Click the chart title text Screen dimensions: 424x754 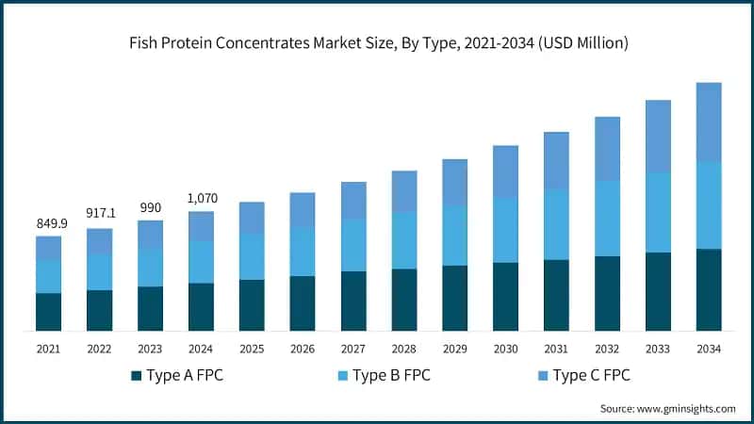click(x=377, y=43)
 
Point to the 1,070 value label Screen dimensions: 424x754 click(x=201, y=199)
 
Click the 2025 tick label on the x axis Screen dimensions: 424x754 click(x=252, y=349)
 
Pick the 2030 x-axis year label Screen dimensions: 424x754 click(x=506, y=349)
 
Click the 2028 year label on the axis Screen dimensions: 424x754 click(x=404, y=349)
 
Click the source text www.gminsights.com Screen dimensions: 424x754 click(x=667, y=408)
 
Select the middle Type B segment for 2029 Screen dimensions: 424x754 click(x=455, y=236)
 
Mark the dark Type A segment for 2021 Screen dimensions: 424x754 click(x=48, y=312)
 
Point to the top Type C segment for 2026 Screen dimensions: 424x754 click(x=303, y=209)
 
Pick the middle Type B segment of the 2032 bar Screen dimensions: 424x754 click(x=608, y=218)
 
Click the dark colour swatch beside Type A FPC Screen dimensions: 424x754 click(x=136, y=376)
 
